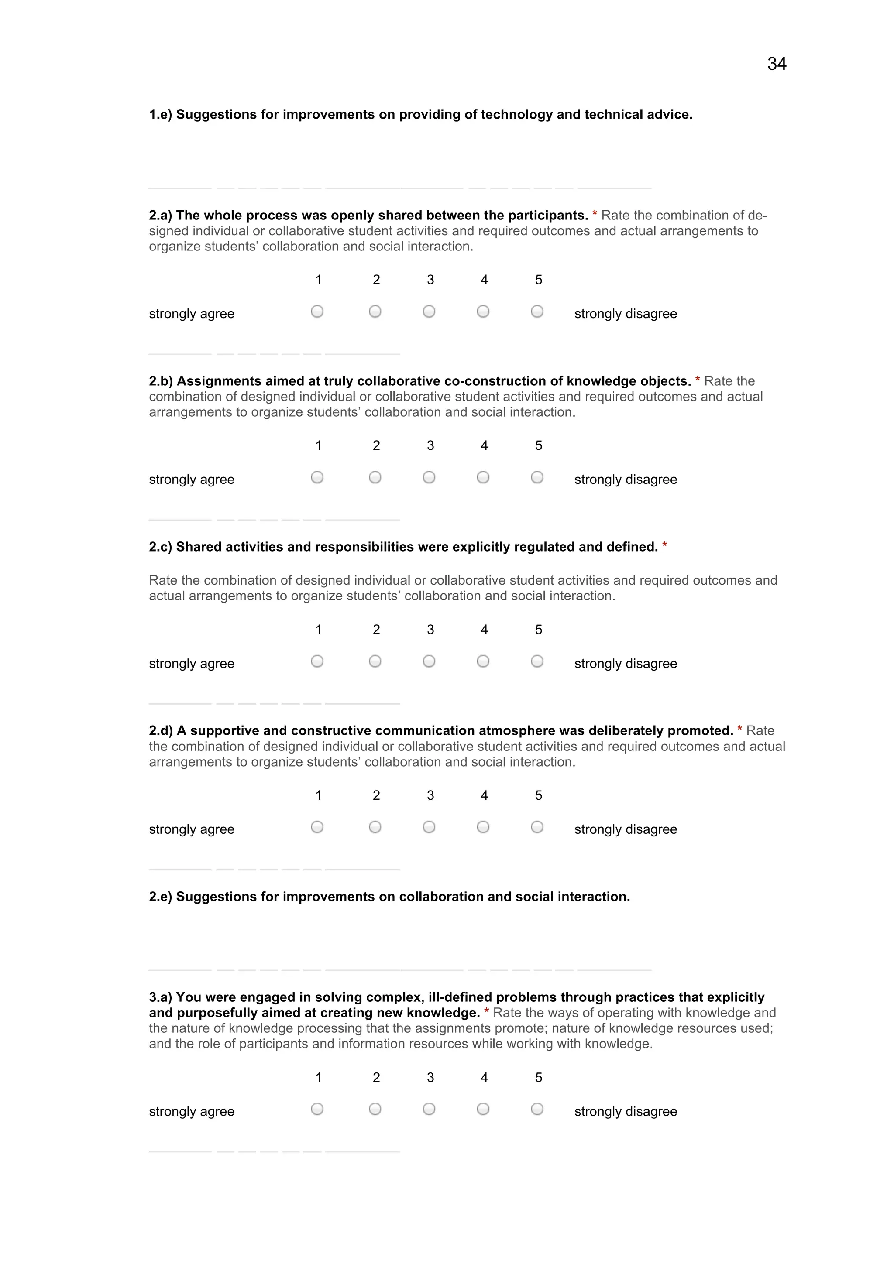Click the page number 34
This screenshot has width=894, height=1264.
pos(776,64)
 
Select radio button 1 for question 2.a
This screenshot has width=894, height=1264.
pos(317,312)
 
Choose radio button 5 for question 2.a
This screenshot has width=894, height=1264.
pos(537,312)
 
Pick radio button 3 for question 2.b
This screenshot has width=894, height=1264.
pos(429,477)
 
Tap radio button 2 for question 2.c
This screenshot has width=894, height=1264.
pos(375,661)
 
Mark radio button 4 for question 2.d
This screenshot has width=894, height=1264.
pos(483,827)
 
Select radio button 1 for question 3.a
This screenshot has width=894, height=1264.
pos(317,1109)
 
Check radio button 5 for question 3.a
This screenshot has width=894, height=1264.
pos(537,1109)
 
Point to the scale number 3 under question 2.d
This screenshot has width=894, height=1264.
pos(430,795)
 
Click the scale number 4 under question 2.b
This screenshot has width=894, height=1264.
pos(484,445)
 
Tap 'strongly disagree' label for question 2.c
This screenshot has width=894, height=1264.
pos(625,663)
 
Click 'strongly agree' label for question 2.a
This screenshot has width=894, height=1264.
pos(191,314)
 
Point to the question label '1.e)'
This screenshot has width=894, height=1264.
pos(160,114)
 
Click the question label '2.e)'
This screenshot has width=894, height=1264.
pos(160,897)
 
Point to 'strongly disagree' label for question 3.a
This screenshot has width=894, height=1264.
pos(625,1111)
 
